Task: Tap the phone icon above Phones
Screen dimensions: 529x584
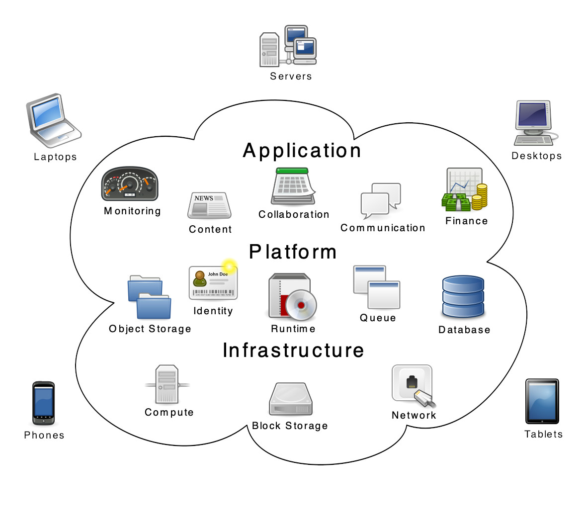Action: (x=44, y=403)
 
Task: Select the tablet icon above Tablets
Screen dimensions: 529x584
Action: (x=542, y=401)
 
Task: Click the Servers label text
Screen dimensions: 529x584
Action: (x=291, y=77)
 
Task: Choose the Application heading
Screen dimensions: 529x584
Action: (x=302, y=151)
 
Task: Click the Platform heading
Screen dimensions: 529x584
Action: (x=293, y=252)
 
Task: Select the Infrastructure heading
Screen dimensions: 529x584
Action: (x=293, y=351)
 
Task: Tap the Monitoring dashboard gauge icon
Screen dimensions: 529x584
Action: (x=130, y=184)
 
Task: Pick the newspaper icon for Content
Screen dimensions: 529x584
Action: (x=209, y=205)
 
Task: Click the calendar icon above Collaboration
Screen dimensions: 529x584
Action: (x=293, y=186)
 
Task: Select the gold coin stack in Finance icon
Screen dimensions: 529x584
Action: (x=479, y=196)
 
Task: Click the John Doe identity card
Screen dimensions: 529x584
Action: (x=213, y=283)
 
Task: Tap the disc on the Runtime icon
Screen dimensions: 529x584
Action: (x=301, y=305)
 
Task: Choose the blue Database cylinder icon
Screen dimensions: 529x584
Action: (x=463, y=296)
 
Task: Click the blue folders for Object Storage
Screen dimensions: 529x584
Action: (x=150, y=297)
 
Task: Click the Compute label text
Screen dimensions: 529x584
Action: (x=169, y=412)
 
